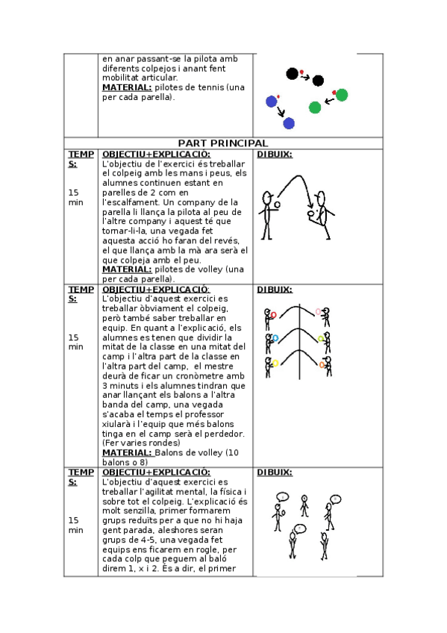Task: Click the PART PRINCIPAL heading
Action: tap(223, 143)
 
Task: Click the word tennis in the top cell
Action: tap(210, 87)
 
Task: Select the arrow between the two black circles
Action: tap(305, 77)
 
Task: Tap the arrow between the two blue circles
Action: tap(281, 111)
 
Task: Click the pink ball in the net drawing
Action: tap(319, 312)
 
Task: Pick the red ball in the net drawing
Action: tap(274, 314)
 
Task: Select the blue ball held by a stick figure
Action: tap(275, 338)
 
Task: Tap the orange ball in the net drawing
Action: tap(322, 365)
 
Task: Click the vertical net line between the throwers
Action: tap(299, 342)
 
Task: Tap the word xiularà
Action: tap(116, 424)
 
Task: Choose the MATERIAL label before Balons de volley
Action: tap(127, 452)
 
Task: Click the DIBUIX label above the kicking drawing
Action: tap(275, 155)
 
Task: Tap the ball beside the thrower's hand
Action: tap(277, 205)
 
